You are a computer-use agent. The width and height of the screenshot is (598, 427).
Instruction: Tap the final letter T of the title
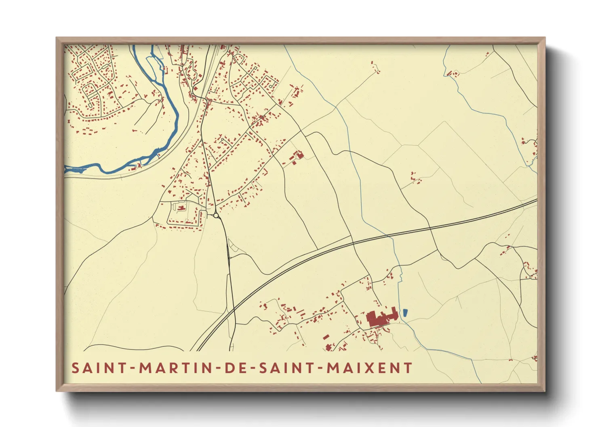pyautogui.click(x=408, y=368)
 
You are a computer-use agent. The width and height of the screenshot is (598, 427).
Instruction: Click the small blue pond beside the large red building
pyautogui.click(x=404, y=312)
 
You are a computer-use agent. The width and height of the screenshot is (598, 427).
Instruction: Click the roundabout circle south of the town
pyautogui.click(x=216, y=216)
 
